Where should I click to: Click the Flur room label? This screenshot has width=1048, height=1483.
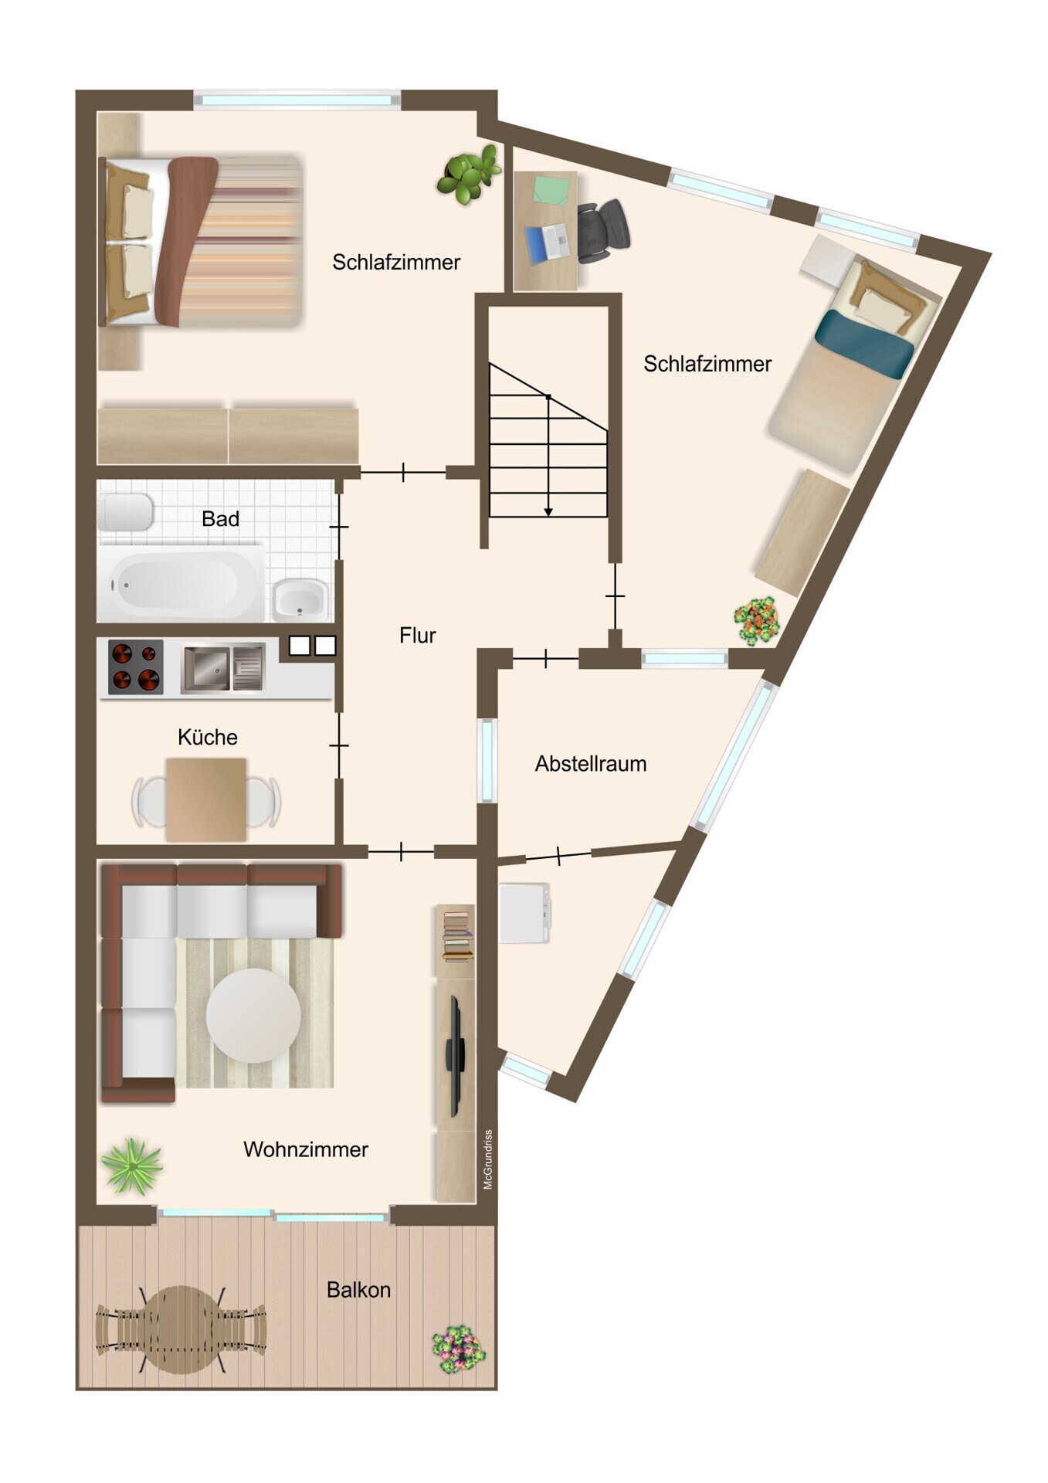coord(418,636)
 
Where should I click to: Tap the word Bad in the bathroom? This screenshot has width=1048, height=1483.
coord(220,519)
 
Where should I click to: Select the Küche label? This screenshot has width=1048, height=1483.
coord(207,737)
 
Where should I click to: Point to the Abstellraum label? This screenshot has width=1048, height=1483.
coord(591,764)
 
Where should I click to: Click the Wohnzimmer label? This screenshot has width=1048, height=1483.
coord(306,1149)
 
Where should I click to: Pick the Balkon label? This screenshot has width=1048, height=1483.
coord(358,1290)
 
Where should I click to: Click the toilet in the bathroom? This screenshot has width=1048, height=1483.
coord(124,511)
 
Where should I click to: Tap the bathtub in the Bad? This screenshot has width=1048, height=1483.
coord(180,584)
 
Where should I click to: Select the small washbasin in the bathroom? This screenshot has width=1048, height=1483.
coord(300,599)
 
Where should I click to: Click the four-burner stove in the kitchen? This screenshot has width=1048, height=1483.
coord(136,667)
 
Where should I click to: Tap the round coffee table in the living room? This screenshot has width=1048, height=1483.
coord(253,1016)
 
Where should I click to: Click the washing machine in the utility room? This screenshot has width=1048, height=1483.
coord(525,914)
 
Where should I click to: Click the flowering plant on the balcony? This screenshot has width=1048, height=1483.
coord(459,1349)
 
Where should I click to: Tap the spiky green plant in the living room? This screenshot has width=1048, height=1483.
coord(132,1166)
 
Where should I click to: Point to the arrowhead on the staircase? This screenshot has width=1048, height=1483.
coord(548,511)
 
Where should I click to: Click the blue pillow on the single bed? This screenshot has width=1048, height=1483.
coord(865,344)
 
